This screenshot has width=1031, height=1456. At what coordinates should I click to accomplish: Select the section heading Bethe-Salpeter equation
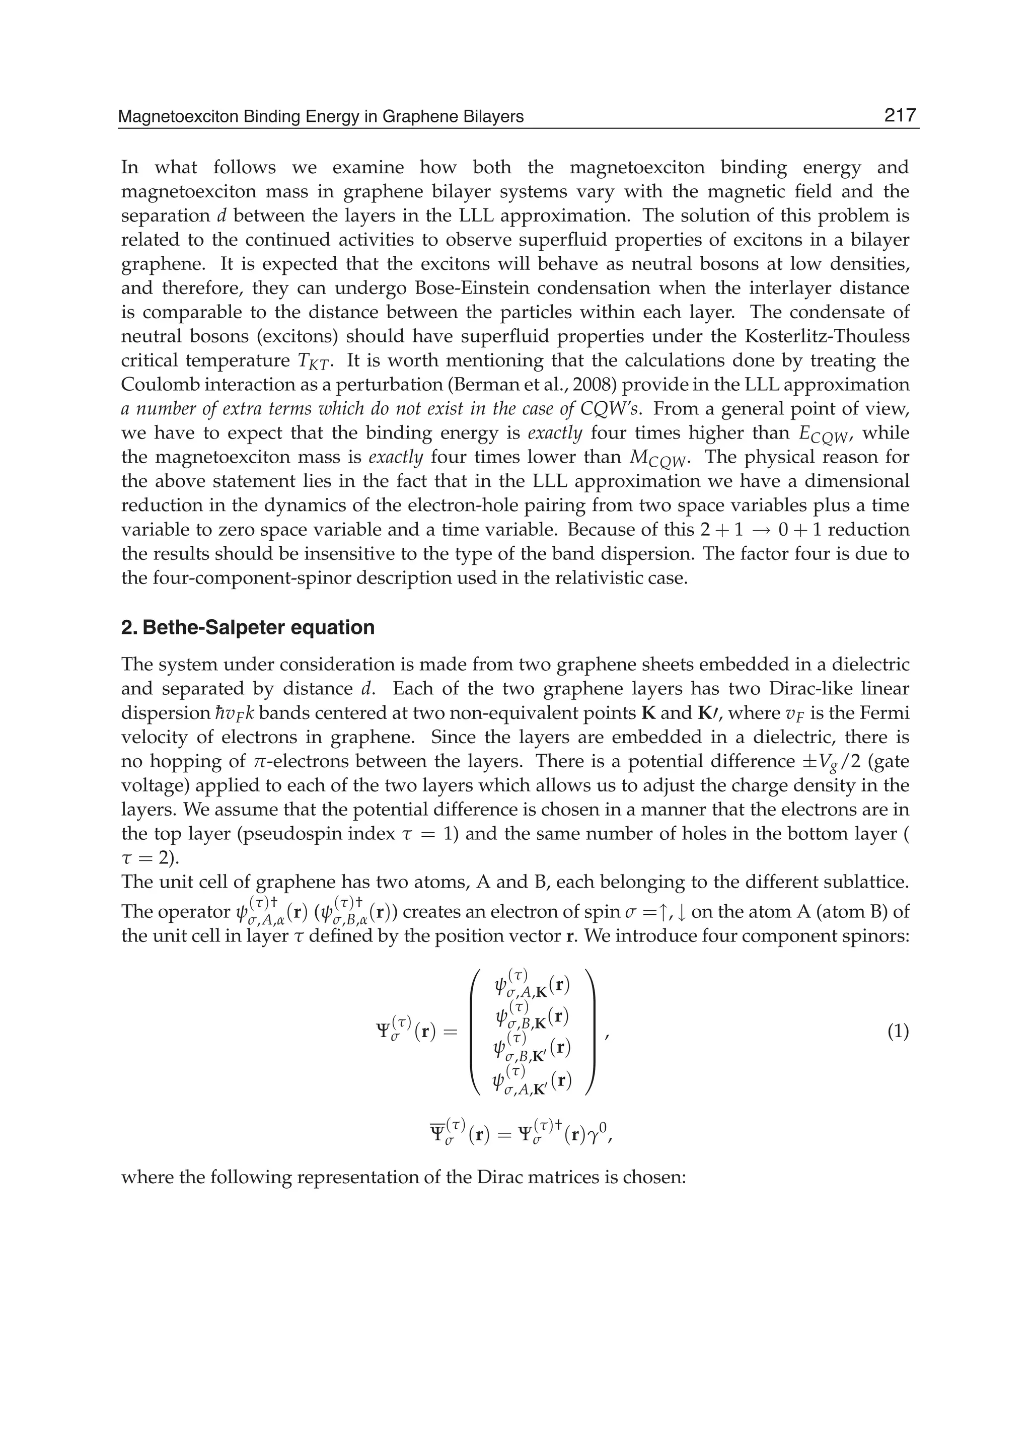tap(248, 627)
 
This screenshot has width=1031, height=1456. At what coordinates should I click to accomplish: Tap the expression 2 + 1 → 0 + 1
tap(761, 530)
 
